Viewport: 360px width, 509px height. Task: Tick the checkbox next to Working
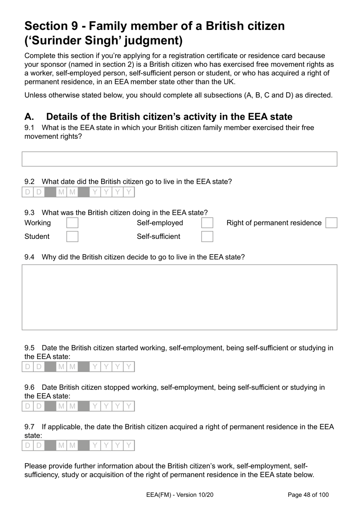pos(72,223)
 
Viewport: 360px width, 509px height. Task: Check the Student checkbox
pos(72,237)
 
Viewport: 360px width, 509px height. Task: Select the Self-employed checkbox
pos(207,223)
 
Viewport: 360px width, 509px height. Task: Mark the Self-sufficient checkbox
pos(207,237)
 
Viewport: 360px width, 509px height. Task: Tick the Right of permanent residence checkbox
pos(331,223)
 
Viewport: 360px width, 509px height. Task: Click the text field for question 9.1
pos(179,159)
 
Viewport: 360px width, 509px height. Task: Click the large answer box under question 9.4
pos(179,297)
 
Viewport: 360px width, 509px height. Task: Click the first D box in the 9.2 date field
pos(28,192)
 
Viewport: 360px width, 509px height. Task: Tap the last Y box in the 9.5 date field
pos(129,367)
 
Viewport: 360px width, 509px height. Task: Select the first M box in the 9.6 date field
pos(61,406)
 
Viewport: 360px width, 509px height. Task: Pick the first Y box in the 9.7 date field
pos(95,446)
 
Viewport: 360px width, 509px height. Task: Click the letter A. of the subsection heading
pos(29,117)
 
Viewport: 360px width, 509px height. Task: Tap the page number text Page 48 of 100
pos(308,495)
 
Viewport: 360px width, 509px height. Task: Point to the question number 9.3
pos(30,213)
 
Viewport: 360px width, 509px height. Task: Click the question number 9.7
pos(30,427)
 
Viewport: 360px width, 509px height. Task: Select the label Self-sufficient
pos(158,237)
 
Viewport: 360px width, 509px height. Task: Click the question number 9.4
pos(30,257)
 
